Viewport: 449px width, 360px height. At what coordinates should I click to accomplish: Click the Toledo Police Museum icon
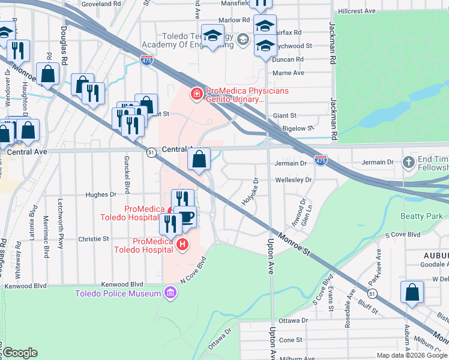pyautogui.click(x=170, y=293)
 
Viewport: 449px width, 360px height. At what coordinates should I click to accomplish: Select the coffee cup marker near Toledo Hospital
pyautogui.click(x=187, y=217)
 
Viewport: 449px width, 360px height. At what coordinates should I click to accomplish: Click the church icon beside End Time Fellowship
pyautogui.click(x=409, y=162)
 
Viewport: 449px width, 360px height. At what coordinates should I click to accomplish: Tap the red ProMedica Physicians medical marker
pyautogui.click(x=196, y=94)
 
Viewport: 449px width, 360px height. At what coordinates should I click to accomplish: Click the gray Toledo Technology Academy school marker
pyautogui.click(x=243, y=40)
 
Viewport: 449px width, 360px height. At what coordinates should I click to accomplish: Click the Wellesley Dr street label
pyautogui.click(x=294, y=179)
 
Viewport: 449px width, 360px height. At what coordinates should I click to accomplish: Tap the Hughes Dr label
pyautogui.click(x=100, y=194)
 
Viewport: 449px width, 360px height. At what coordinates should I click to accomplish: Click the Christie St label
pyautogui.click(x=93, y=238)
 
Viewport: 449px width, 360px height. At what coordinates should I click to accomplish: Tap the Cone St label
pyautogui.click(x=291, y=340)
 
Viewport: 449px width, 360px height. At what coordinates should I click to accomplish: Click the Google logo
pyautogui.click(x=20, y=353)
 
